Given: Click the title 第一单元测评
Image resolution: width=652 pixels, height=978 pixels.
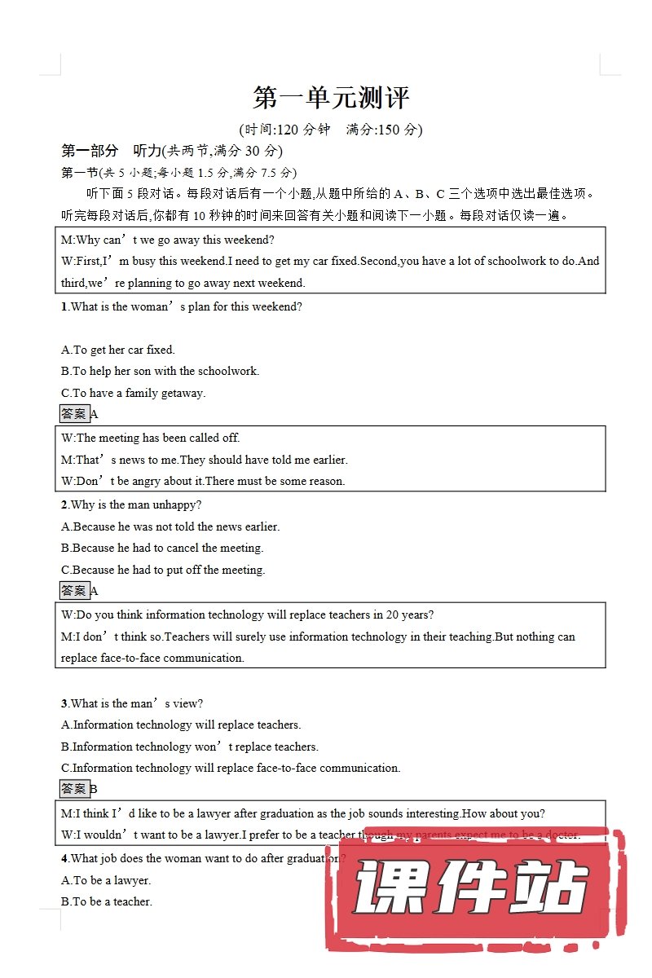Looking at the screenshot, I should point(331,98).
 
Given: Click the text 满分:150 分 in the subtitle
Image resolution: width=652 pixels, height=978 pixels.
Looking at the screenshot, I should point(384,130).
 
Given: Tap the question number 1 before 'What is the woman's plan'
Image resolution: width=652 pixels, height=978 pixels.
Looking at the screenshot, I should point(64,307).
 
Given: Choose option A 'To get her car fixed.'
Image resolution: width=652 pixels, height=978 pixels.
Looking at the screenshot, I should point(118,350).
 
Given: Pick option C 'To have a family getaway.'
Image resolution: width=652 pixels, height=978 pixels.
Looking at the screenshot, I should point(133,393).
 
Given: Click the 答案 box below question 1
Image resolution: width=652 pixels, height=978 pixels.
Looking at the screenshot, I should point(74,414).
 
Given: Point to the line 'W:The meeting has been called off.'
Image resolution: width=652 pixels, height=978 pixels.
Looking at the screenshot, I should point(151,438).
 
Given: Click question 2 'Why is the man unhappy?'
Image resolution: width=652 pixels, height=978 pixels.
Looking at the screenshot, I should point(131,505).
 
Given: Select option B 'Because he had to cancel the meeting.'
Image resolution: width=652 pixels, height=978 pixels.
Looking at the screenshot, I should point(162,548).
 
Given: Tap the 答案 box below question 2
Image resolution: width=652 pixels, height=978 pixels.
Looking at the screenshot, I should point(74,591).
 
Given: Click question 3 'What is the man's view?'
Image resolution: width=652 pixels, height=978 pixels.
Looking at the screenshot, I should point(132,703).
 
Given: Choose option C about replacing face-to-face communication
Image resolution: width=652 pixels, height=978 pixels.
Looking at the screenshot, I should point(231,768).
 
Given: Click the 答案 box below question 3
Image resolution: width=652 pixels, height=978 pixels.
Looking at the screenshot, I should point(74,789).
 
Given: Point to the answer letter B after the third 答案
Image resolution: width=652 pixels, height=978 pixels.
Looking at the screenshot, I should point(94,789).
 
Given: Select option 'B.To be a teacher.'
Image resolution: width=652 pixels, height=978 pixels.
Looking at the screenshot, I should point(107,901).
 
